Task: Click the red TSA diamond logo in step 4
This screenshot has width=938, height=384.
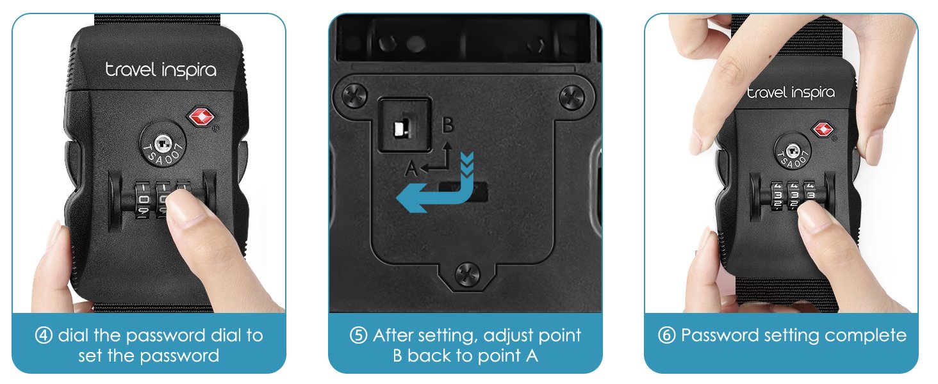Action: point(201,116)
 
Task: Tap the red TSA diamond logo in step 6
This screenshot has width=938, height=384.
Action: point(823,129)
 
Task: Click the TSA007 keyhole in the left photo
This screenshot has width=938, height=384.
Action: point(163,144)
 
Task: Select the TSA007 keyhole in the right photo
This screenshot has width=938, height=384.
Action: point(793,150)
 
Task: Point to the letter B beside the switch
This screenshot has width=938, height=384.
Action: point(448,124)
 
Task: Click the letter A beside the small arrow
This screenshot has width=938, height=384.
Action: point(411,168)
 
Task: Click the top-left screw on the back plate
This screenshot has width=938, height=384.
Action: point(355,95)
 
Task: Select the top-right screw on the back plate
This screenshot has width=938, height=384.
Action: point(572,97)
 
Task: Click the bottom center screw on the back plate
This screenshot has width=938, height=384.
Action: point(467,275)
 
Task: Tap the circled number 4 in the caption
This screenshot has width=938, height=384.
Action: point(44,335)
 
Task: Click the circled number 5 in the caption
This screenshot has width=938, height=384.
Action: point(358,335)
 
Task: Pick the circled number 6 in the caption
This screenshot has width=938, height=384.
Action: point(666,335)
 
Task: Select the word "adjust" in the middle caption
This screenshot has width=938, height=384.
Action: point(508,336)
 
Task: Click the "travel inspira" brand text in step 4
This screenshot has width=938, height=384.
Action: point(161,70)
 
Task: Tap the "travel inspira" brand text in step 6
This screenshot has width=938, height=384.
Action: point(791,92)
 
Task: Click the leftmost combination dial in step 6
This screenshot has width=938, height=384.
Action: point(778,195)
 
